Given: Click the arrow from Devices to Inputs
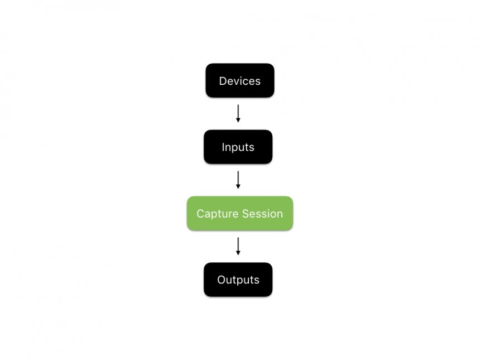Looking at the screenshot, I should pyautogui.click(x=238, y=112).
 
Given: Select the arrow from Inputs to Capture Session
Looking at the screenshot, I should pyautogui.click(x=238, y=179).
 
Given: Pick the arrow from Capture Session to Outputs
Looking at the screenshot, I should pyautogui.click(x=238, y=245).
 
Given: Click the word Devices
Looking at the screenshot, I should pyautogui.click(x=239, y=81).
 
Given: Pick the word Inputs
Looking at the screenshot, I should pyautogui.click(x=238, y=147).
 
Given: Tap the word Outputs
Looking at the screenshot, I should pyautogui.click(x=238, y=280).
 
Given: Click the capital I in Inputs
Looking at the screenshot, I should pyautogui.click(x=223, y=147).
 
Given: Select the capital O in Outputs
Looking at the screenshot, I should pyautogui.click(x=221, y=280).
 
